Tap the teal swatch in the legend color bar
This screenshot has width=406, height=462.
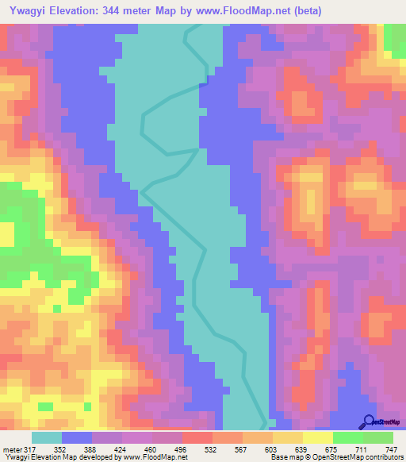[47, 437]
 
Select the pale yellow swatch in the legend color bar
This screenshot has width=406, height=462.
[317, 437]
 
